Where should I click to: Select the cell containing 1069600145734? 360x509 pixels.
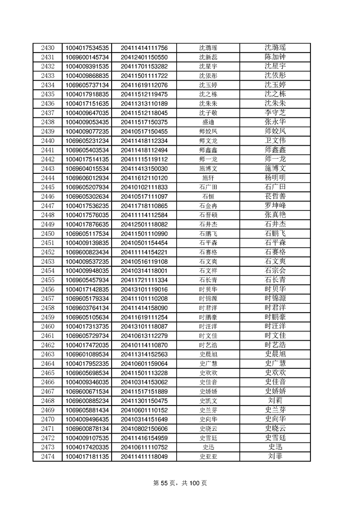click(x=87, y=57)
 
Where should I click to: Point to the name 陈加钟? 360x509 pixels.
click(x=275, y=57)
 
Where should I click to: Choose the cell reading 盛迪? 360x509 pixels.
click(x=208, y=122)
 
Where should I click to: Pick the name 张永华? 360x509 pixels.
click(x=275, y=122)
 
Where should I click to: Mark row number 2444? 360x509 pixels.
click(x=47, y=178)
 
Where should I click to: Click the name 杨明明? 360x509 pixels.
click(x=275, y=178)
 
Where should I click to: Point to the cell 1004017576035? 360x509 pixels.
click(x=87, y=215)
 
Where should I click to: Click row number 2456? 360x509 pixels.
click(x=47, y=289)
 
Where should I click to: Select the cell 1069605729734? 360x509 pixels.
click(x=87, y=336)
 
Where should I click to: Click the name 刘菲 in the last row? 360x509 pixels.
click(x=275, y=456)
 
